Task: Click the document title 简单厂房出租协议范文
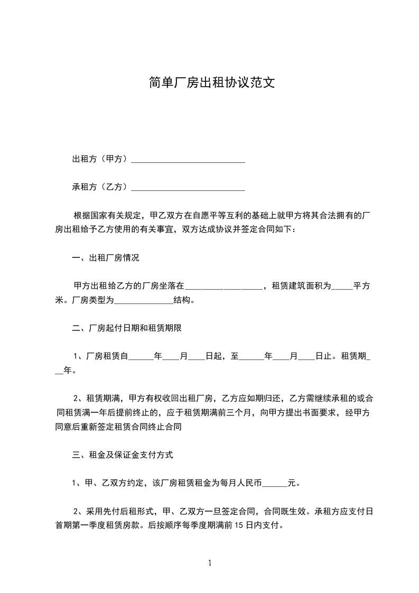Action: pos(209,83)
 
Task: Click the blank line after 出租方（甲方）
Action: pos(188,159)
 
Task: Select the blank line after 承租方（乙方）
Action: pos(188,187)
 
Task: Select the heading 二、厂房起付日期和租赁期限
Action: pos(127,328)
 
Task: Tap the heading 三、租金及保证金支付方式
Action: pos(123,454)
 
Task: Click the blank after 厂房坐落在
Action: pos(224,287)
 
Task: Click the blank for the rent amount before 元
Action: pos(274,483)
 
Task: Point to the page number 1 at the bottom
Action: pos(210,563)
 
